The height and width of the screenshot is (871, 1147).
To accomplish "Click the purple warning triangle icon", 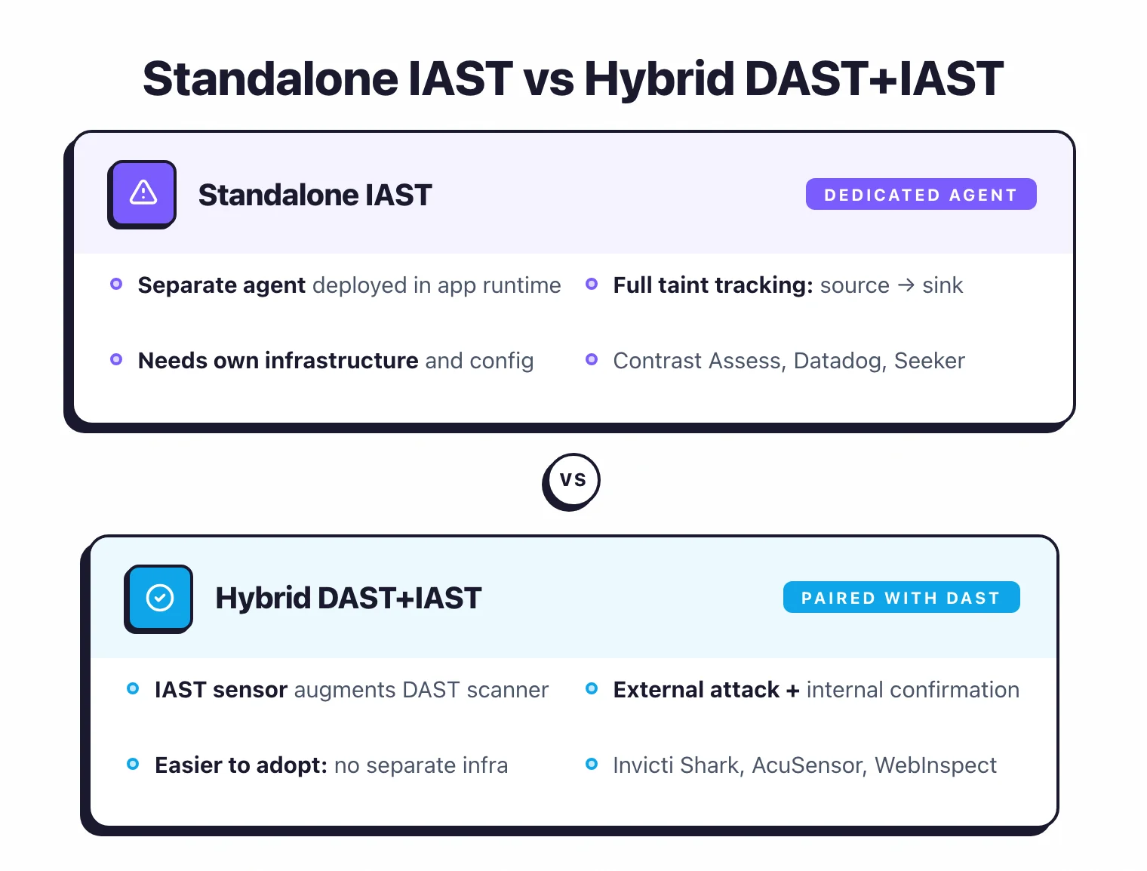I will coord(143,193).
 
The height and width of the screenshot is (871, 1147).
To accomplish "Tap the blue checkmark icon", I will coord(159,598).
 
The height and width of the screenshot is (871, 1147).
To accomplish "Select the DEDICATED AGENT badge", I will coord(921,195).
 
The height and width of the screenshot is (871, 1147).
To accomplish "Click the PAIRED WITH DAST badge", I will coord(901,598).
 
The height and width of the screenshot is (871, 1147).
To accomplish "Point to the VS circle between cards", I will coord(572,480).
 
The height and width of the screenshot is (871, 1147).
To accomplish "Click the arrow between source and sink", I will coord(906,285).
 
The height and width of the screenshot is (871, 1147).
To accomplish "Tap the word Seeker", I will coord(929,361).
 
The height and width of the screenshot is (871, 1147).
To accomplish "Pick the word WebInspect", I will coord(936,765).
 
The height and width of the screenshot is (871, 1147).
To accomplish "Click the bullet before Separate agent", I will coord(116,284).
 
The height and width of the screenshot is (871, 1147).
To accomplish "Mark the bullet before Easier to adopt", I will coord(133,764).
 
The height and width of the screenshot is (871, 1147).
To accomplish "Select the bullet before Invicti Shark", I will coord(592,764).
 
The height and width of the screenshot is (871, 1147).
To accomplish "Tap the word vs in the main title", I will coord(549,79).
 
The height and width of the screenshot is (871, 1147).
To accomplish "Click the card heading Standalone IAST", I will coord(315,195).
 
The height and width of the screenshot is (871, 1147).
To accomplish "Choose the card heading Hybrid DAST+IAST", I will coord(348,598).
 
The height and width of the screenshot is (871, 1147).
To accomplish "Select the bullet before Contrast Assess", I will coord(592,359).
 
